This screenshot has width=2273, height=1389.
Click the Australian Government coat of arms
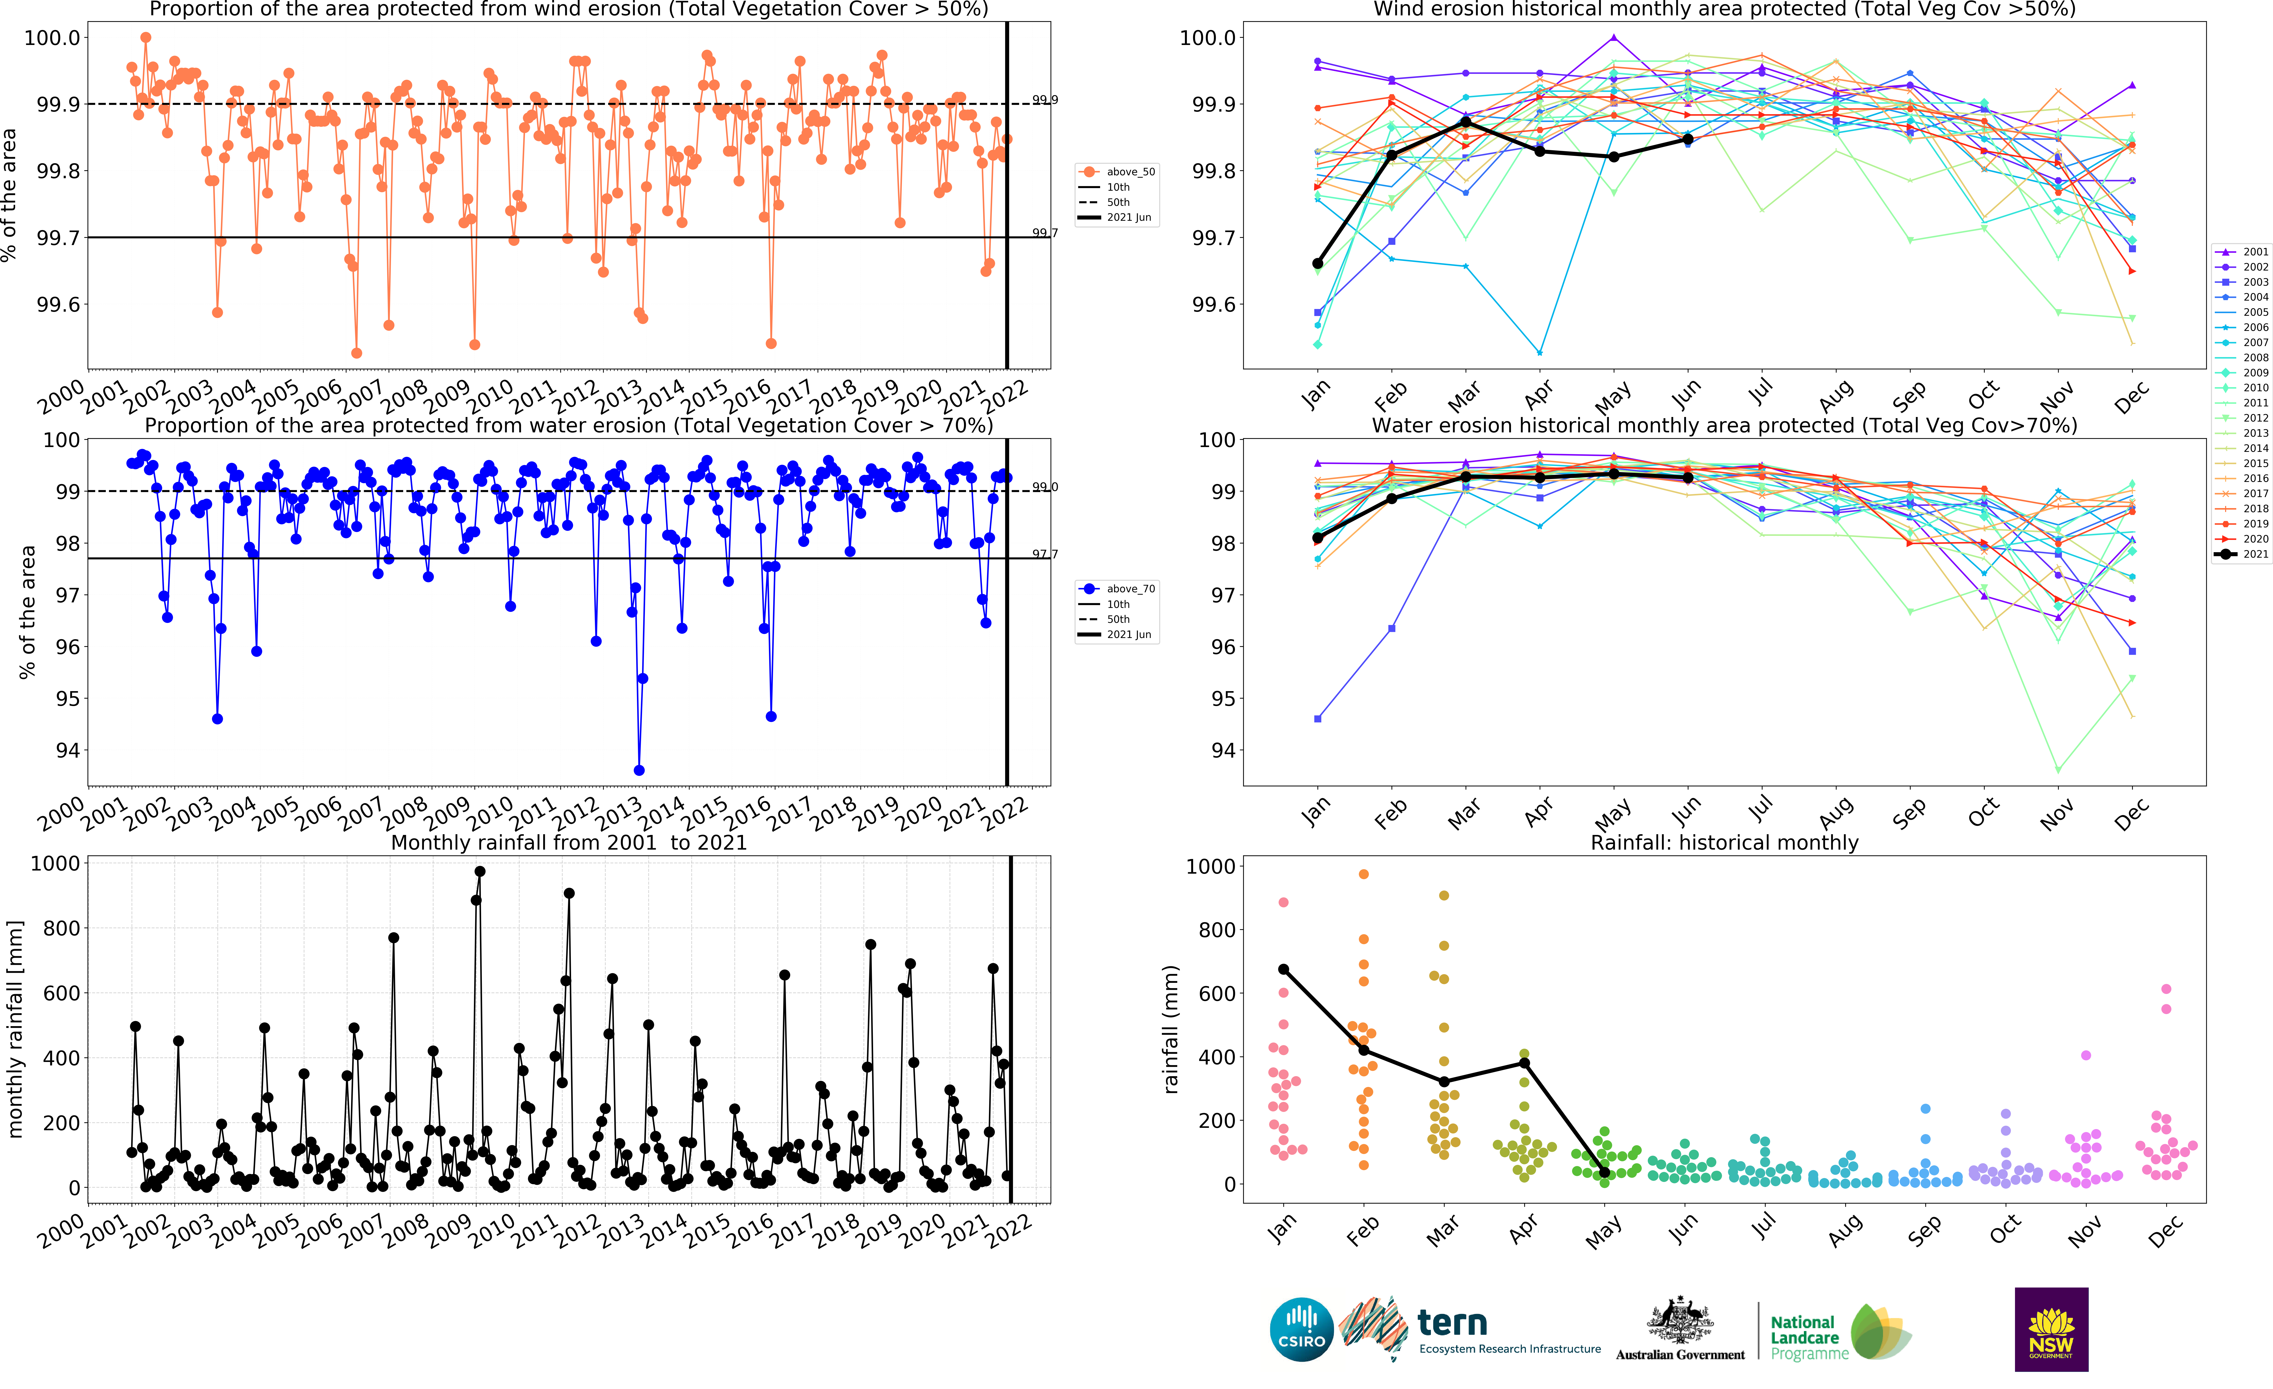[x=1680, y=1320]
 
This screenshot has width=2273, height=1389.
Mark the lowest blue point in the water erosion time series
[x=639, y=770]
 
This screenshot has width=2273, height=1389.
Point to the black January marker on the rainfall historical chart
[x=1283, y=969]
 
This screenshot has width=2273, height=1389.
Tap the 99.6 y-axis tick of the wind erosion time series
[x=58, y=304]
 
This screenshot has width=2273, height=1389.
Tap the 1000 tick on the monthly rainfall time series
[x=55, y=863]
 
